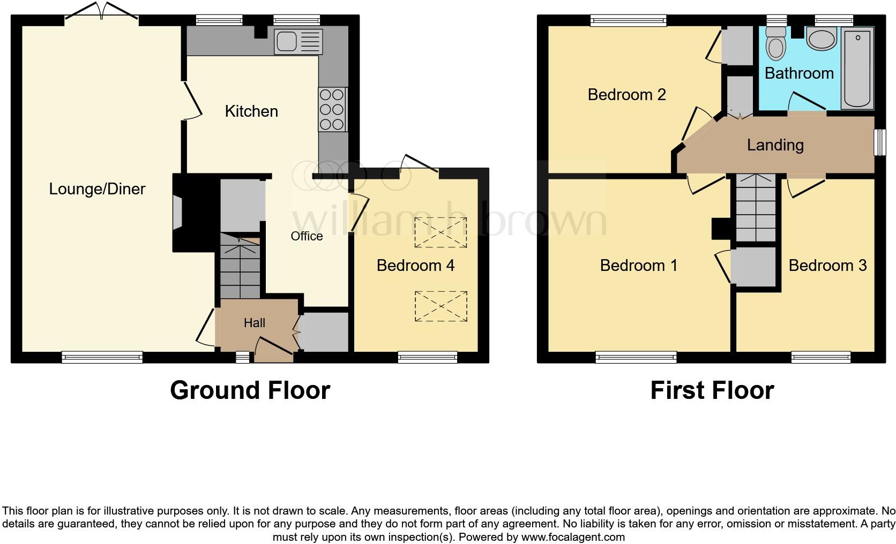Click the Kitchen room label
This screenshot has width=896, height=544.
(251, 111)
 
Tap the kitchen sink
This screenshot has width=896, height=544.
(298, 42)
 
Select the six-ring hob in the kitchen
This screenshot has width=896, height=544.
(332, 110)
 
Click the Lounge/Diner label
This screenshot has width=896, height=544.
(97, 189)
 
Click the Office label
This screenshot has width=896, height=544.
(307, 236)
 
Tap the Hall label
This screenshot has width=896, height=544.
(255, 323)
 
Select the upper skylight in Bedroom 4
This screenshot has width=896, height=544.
(440, 233)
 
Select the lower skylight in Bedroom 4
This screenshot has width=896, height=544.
(440, 306)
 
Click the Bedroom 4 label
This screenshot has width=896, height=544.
(415, 266)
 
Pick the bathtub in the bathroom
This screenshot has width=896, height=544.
(858, 69)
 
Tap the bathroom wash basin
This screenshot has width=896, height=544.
(821, 39)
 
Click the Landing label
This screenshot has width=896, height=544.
(775, 145)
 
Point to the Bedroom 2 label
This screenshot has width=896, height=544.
(626, 95)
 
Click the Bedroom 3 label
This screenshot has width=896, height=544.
(827, 266)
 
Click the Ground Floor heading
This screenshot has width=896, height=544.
(250, 390)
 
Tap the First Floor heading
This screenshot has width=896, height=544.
(712, 390)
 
